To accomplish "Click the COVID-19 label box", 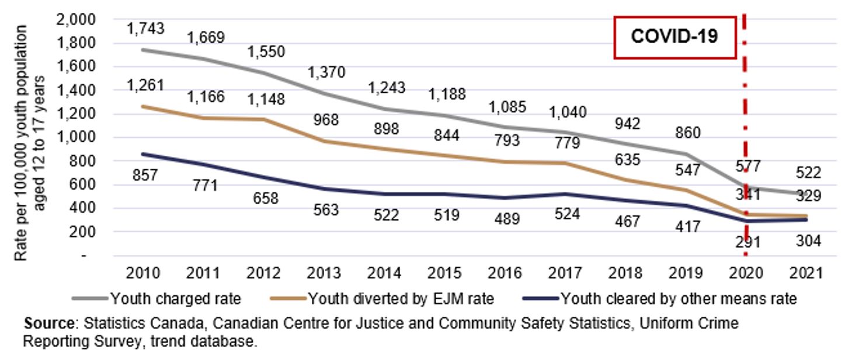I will (x=674, y=37).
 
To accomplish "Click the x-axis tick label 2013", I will (x=326, y=273).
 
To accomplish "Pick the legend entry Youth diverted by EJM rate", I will (x=401, y=299).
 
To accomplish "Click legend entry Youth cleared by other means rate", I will (x=678, y=299).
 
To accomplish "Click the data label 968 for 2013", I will (x=326, y=119).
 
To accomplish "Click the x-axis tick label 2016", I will (x=507, y=273).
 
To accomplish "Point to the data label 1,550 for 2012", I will (x=266, y=51).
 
